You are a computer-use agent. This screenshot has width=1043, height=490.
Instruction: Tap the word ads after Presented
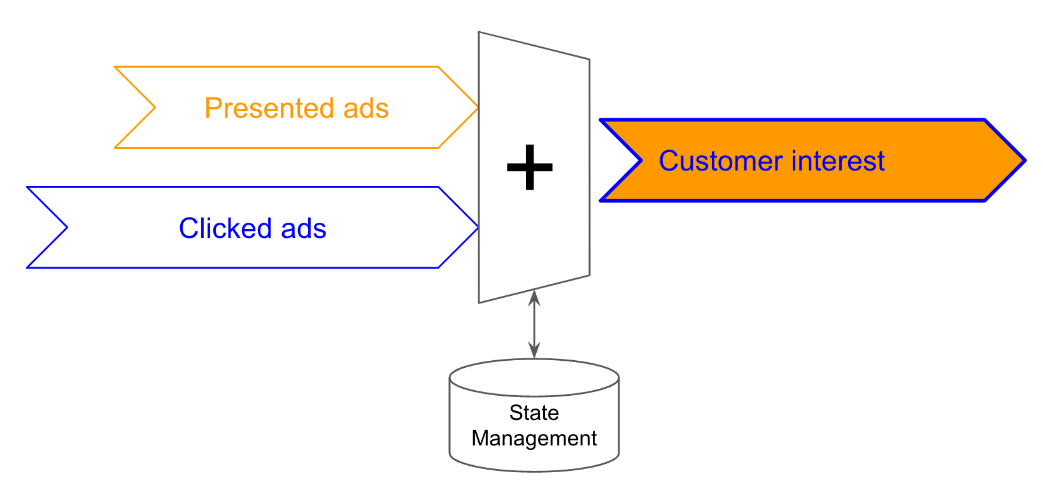click(366, 108)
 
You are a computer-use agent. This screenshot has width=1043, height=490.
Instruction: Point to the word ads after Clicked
click(304, 228)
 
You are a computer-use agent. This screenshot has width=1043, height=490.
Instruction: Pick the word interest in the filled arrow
click(838, 161)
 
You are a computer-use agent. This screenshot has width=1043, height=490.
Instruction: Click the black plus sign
click(529, 167)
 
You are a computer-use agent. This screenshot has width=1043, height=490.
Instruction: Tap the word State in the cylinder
click(534, 413)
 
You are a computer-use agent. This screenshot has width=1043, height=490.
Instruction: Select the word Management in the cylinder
click(534, 438)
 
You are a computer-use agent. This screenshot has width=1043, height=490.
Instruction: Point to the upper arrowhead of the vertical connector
click(534, 296)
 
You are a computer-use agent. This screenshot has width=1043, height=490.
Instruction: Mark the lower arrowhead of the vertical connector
click(534, 351)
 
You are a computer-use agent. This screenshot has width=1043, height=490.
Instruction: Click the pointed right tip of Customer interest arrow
click(1024, 160)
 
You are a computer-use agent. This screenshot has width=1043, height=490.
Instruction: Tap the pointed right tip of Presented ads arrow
click(477, 108)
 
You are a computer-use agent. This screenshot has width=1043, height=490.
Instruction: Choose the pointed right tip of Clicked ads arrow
click(477, 227)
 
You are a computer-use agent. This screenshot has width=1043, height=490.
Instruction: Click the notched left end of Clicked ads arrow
click(66, 227)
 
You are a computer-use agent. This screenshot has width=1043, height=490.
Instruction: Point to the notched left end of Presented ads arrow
click(154, 108)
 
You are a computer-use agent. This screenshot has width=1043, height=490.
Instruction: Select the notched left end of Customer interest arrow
click(640, 160)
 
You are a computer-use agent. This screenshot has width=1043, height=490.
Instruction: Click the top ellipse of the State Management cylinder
click(534, 376)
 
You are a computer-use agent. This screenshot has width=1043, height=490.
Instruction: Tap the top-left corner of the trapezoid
click(479, 33)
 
